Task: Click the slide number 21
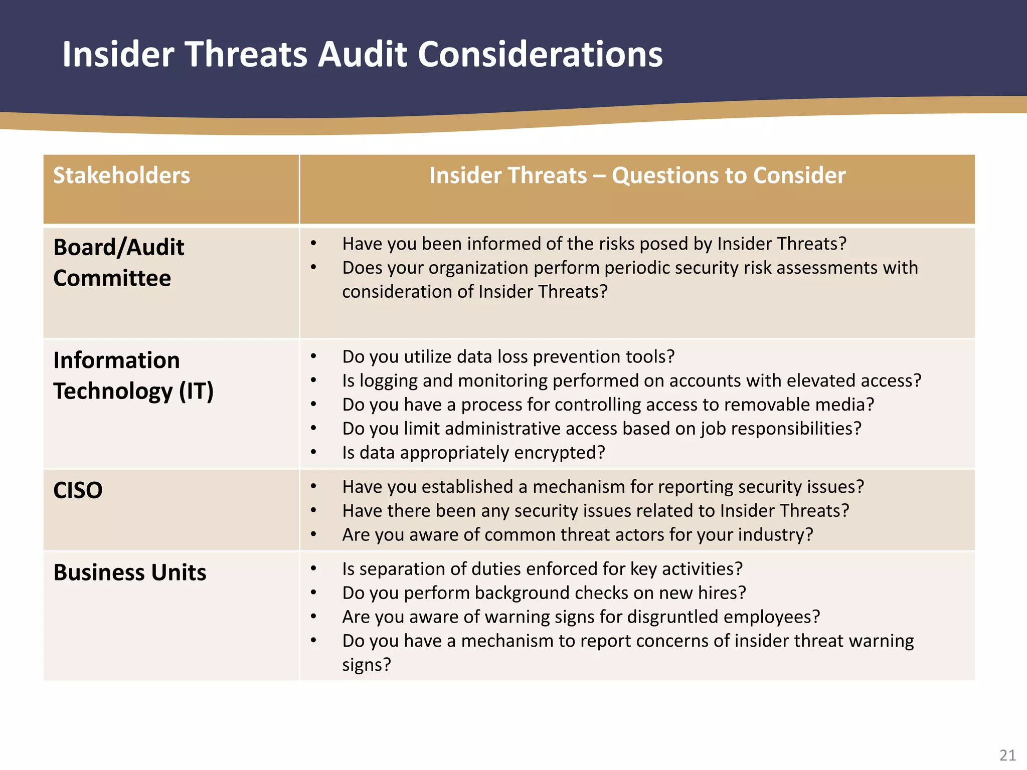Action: pos(1007,755)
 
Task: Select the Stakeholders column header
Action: pos(122,175)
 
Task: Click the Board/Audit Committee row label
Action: pos(119,262)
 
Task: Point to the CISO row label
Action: pos(78,490)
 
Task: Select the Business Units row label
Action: pos(130,572)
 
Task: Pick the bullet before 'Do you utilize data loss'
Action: pos(313,356)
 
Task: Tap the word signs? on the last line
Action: pos(366,665)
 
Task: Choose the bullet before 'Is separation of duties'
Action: pos(313,569)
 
